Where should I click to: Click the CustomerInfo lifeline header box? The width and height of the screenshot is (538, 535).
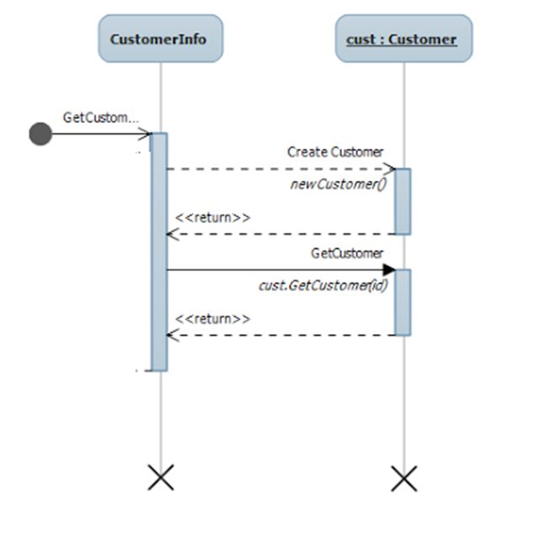[x=160, y=39]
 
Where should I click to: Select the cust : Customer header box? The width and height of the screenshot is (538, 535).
[x=403, y=39]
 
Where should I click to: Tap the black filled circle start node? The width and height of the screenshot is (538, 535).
[x=40, y=134]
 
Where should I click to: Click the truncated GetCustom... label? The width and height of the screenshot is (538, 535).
[x=101, y=117]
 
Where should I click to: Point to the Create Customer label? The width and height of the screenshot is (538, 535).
[x=335, y=152]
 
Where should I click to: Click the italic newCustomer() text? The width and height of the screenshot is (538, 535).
[x=338, y=183]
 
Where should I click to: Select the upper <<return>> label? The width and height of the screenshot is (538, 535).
[x=213, y=218]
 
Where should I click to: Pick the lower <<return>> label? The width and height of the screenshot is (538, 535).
[x=213, y=319]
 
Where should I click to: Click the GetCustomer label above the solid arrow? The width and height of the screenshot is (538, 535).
[x=347, y=253]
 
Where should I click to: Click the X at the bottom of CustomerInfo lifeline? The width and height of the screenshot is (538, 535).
[x=160, y=479]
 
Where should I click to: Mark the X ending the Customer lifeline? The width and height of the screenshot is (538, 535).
[x=403, y=479]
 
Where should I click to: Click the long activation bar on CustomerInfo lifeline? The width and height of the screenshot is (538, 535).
[x=159, y=252]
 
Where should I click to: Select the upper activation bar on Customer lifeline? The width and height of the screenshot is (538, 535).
[x=403, y=202]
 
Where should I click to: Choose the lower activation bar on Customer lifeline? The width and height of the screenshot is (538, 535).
[x=403, y=303]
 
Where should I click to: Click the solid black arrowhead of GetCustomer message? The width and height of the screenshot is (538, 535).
[x=389, y=270]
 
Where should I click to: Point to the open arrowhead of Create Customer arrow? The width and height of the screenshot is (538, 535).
[x=390, y=169]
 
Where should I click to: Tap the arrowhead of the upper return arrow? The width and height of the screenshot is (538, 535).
[x=172, y=234]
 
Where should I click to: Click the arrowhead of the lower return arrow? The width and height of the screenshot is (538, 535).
[x=172, y=335]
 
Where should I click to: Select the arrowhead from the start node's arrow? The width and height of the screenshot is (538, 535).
[x=145, y=134]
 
